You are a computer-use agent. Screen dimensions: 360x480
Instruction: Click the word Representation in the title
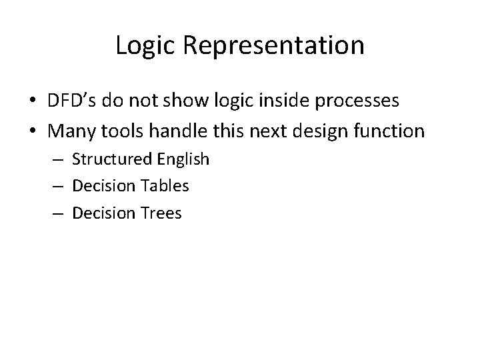273,46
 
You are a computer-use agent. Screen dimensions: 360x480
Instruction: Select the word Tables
165,186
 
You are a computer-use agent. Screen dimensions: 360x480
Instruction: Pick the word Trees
162,213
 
